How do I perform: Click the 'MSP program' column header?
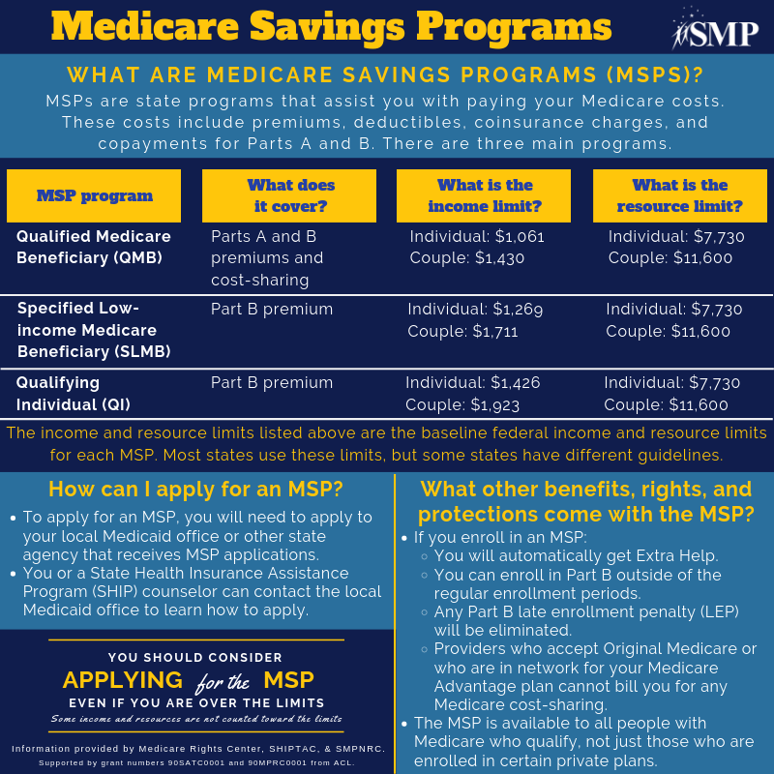[94, 195]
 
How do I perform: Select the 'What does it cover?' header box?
[289, 195]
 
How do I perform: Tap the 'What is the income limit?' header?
[484, 195]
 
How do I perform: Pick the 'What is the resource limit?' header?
[680, 195]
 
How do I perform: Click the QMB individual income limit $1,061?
[518, 236]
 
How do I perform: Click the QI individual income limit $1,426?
[513, 383]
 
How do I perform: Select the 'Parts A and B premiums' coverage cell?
[267, 248]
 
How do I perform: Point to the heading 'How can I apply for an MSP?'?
[196, 488]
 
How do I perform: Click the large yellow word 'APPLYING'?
[122, 679]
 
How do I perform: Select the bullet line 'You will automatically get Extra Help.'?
[576, 555]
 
